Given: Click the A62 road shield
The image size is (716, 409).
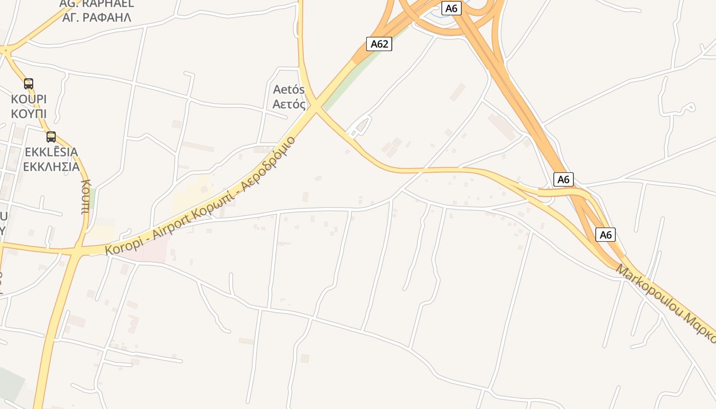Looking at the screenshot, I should (379, 44).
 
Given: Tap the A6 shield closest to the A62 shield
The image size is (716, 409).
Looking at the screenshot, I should (451, 8).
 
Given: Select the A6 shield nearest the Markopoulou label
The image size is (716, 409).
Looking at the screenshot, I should (606, 235).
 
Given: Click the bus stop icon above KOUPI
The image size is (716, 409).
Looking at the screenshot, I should (29, 83).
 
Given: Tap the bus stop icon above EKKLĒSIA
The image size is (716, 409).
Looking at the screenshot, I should (51, 137).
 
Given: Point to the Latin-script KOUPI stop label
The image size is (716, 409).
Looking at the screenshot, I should (29, 99).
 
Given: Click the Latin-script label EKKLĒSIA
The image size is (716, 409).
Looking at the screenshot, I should (51, 152).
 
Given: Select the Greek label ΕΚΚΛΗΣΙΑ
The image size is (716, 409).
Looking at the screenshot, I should (51, 167).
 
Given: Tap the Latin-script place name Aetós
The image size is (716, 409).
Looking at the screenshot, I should (289, 90).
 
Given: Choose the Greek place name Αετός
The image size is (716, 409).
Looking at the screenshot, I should (289, 105).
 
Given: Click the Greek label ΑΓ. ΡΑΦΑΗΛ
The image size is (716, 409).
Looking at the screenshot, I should (101, 17).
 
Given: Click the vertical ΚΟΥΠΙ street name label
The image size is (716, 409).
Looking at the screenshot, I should (85, 197).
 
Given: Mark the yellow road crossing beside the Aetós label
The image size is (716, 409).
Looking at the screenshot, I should (316, 106).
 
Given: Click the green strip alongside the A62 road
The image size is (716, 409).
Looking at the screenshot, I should (358, 77).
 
